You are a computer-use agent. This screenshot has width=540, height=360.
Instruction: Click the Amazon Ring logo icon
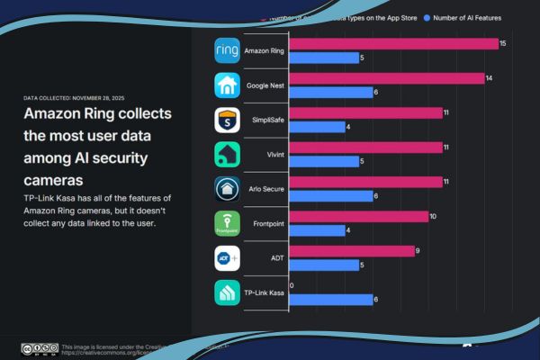227,51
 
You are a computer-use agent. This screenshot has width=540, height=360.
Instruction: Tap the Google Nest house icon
227,85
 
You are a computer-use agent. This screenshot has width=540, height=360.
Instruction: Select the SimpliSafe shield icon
227,120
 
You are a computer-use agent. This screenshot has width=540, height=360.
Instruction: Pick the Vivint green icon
227,154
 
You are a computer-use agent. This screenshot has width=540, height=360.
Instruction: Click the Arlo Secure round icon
227,189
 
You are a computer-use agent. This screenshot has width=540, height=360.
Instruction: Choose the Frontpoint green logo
227,223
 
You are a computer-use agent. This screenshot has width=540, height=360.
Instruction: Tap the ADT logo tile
227,257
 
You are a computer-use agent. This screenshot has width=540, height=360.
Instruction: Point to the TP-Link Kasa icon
227,292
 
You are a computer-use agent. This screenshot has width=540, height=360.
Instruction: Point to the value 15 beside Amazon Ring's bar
503,43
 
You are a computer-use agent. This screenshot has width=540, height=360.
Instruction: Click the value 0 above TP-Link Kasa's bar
291,285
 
